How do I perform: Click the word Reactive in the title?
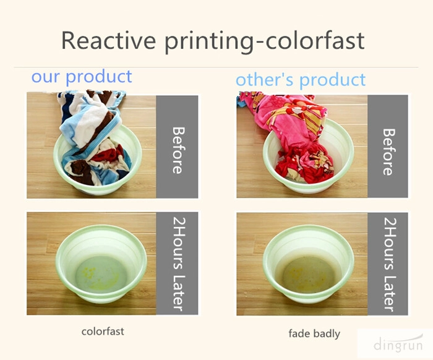[x=108, y=40]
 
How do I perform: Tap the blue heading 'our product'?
[x=82, y=77]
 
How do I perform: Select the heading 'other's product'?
[x=301, y=80]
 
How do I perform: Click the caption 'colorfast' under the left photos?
[x=103, y=332]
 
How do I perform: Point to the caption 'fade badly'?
[x=314, y=333]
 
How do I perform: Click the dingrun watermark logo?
[x=398, y=344]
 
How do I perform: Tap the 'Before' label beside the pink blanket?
[x=388, y=152]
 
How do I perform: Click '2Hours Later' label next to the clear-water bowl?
[x=178, y=264]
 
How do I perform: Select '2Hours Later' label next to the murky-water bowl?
[x=389, y=265]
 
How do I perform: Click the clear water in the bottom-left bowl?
[x=101, y=273]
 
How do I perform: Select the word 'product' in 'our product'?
[x=99, y=77]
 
